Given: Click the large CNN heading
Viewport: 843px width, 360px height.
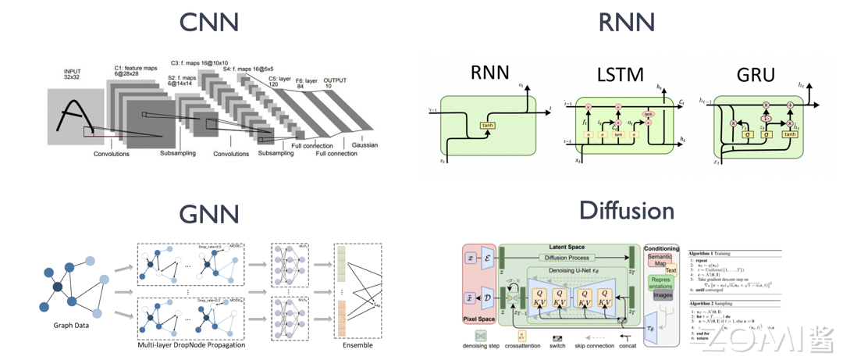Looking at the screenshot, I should [208, 22].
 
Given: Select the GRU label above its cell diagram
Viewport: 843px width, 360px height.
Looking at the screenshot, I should [756, 75].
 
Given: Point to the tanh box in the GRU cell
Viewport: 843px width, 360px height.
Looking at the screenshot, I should [789, 134].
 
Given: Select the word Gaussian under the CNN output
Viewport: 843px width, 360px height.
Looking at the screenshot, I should [364, 145].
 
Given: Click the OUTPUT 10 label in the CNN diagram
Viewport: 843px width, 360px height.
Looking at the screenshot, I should [336, 83].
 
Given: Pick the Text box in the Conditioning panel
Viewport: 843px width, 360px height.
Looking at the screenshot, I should [670, 271].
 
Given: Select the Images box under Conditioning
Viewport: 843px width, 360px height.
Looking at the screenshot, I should [663, 296].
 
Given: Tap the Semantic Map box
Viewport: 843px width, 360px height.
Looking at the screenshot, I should [659, 261].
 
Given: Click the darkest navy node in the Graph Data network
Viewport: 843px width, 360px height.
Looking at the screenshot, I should [57, 287].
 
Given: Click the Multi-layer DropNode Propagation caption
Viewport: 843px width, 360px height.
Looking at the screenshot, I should [190, 344].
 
